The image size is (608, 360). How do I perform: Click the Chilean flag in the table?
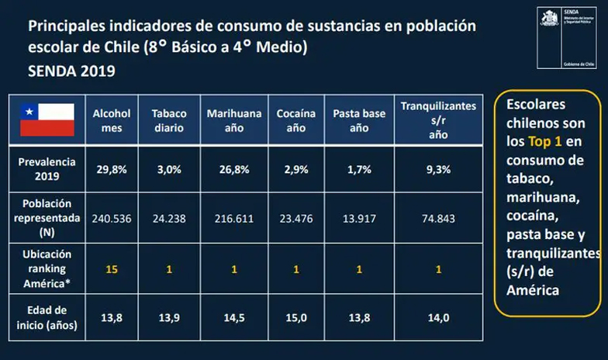tap(47, 119)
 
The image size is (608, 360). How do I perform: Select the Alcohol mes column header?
tap(112, 120)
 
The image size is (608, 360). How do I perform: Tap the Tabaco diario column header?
tap(169, 120)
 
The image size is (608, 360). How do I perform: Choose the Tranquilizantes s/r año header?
tap(438, 119)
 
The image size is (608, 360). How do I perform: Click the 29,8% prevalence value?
tap(112, 170)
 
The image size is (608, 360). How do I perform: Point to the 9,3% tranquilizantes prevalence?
tap(438, 170)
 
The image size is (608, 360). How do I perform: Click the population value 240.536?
tap(112, 218)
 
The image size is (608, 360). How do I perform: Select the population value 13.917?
tap(359, 218)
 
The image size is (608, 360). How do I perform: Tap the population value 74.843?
tap(438, 218)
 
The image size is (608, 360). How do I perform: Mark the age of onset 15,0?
tap(296, 318)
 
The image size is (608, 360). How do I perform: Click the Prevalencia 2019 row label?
tap(47, 169)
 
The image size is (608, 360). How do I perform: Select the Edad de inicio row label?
tap(47, 318)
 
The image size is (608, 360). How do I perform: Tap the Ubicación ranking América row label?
tap(47, 268)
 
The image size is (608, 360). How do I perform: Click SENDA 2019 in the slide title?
tap(71, 71)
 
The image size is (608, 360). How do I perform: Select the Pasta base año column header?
tap(359, 120)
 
